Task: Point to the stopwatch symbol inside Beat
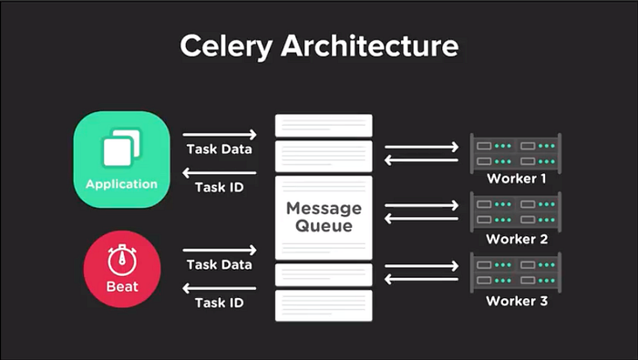[121, 261]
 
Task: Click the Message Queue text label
[324, 217]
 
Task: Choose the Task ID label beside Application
[220, 188]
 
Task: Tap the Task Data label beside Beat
[220, 264]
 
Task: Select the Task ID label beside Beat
[220, 302]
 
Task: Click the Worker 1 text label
[516, 179]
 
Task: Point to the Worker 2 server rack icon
[515, 210]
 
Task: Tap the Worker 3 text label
[516, 301]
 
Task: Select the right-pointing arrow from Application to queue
[220, 135]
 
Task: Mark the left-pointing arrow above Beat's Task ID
[220, 287]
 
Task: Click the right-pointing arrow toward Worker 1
[421, 146]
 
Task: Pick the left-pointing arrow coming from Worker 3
[421, 280]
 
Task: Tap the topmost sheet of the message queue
[324, 125]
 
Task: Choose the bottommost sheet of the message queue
[324, 305]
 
